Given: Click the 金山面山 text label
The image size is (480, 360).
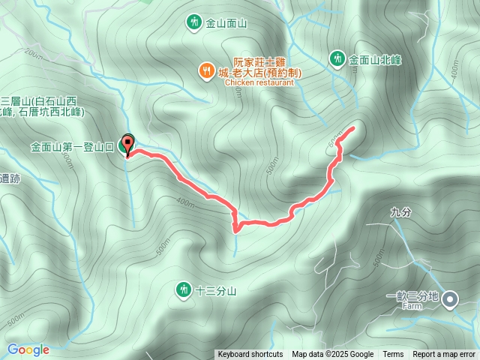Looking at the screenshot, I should [228, 23].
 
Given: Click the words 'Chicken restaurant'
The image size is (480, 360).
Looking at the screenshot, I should [259, 83].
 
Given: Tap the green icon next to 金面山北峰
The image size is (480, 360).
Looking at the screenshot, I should [337, 58].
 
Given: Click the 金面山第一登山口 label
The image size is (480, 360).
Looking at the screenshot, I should [72, 147].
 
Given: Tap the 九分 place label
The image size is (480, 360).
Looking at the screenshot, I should [401, 212].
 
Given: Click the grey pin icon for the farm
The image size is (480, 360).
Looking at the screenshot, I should [450, 300].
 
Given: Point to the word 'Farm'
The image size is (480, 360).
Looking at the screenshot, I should [412, 307].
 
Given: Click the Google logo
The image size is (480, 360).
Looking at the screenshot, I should [28, 349].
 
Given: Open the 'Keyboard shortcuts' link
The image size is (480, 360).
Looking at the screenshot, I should [250, 355].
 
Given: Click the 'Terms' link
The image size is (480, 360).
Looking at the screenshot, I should [393, 355].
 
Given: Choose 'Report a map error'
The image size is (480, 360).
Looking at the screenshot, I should [445, 355].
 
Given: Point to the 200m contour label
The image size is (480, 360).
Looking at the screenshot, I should [34, 53].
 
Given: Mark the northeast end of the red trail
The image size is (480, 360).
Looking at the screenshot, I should [353, 129].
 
